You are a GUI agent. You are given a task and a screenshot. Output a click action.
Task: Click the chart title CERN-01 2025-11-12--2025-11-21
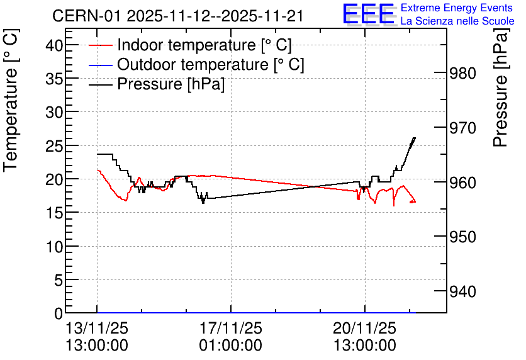178,16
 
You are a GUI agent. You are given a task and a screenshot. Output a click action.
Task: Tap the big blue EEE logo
368,14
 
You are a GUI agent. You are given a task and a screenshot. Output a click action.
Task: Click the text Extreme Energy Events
457,8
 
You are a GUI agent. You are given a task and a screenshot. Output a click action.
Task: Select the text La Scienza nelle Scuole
457,21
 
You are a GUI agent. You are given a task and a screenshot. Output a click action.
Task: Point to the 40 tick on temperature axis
54,45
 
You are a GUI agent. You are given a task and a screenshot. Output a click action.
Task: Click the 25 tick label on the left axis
54,146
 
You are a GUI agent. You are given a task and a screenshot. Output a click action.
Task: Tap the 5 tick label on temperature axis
59,280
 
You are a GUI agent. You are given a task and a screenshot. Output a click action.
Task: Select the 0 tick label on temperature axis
59,313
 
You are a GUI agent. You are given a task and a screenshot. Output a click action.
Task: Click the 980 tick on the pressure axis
462,74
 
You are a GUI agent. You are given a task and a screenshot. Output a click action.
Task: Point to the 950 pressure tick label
462,237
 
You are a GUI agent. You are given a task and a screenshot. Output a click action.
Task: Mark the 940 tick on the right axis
462,292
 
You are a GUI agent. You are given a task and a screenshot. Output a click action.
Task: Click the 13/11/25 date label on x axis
97,328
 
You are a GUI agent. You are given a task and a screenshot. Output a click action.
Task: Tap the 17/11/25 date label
231,328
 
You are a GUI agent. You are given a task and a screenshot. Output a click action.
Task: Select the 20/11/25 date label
365,328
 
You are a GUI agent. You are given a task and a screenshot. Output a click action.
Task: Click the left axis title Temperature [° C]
11,100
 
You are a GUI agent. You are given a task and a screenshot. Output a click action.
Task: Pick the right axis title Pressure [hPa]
501,87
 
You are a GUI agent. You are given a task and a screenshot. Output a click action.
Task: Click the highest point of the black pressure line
415,138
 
